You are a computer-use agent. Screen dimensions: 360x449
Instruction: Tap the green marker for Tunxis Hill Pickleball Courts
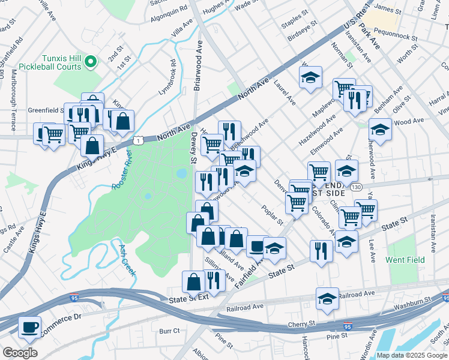click(x=91, y=61)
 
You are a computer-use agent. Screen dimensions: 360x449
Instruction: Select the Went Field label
click(x=405, y=260)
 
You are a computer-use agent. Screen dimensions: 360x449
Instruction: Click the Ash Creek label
click(x=127, y=260)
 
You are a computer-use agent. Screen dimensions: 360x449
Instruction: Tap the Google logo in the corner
click(x=19, y=353)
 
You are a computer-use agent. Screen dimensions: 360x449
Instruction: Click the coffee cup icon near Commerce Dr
click(x=29, y=328)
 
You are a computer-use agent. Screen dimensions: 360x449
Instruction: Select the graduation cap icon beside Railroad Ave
click(x=327, y=299)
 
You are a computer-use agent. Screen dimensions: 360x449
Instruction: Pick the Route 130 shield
click(x=356, y=188)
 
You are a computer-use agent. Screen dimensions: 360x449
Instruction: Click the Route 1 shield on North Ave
click(x=139, y=140)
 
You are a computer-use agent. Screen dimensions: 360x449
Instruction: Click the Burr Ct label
click(x=169, y=331)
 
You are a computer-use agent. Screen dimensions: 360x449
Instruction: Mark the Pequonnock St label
click(x=397, y=37)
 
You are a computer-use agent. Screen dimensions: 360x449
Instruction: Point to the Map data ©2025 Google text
click(x=412, y=355)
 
